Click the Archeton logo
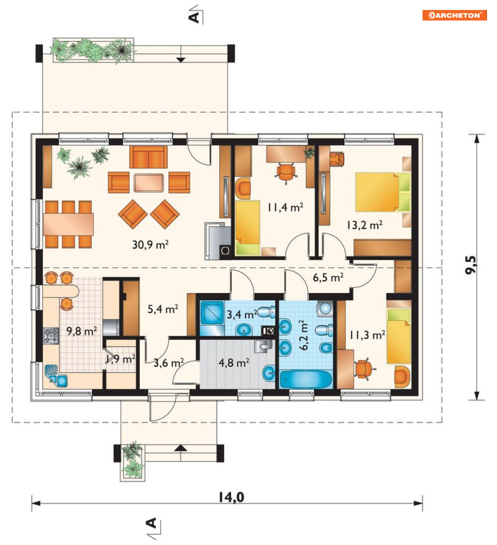[455, 15]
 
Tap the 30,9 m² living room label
[150, 244]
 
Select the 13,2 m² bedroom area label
[364, 225]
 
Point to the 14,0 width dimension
[231, 497]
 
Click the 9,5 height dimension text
[471, 265]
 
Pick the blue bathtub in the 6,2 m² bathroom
[306, 379]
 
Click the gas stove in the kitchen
[51, 336]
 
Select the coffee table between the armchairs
[149, 183]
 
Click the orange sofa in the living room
[148, 157]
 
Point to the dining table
[68, 224]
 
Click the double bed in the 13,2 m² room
[383, 192]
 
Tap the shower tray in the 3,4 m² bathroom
[212, 313]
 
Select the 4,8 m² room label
[234, 363]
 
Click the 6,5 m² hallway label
[328, 277]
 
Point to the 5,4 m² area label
[163, 308]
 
